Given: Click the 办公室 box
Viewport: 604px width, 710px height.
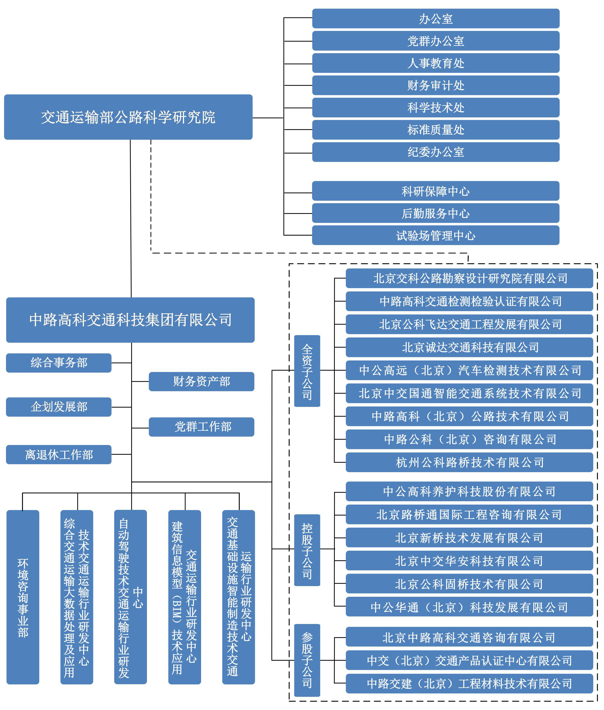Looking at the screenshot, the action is coord(436,18).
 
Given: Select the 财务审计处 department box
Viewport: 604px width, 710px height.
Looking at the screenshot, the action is coord(436,85).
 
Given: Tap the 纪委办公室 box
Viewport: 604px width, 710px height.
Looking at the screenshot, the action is coord(436,152).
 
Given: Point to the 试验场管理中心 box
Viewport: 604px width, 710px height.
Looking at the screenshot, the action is coord(436,235).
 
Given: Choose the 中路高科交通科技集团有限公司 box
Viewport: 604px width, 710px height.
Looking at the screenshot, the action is coord(130,320).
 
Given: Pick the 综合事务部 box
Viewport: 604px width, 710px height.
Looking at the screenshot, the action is coord(59,363).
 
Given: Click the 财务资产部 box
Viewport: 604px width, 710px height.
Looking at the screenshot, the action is coord(201,381).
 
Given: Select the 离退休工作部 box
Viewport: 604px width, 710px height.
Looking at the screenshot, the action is coord(59,454).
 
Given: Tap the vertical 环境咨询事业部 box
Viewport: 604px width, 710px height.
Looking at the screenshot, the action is coord(23,597).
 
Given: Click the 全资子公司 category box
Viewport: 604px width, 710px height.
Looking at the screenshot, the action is coord(307,371).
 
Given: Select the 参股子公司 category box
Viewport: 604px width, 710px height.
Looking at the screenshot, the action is coord(307,660).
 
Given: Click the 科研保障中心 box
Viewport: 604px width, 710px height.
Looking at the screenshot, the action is coord(436,191).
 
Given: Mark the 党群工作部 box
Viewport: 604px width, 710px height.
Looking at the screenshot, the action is coord(201,427).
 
